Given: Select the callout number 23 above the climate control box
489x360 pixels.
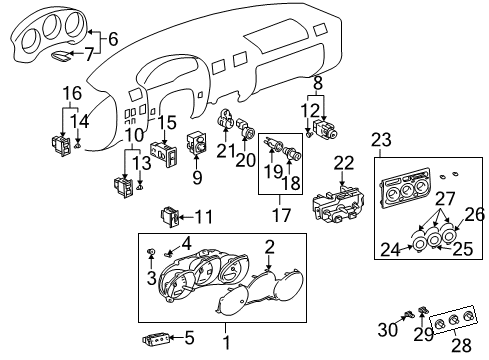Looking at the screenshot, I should [379, 140].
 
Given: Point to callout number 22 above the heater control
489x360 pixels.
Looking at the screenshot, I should [343, 163].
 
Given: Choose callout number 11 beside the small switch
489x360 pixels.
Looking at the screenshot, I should [204, 216].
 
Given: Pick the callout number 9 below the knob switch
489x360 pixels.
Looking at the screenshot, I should [196, 179].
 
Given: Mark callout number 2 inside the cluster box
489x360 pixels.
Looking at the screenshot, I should [268, 246].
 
